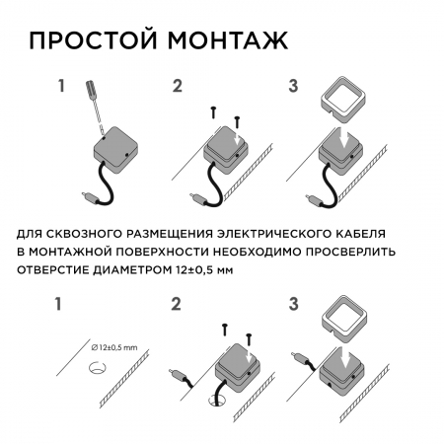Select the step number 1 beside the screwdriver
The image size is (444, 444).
61,86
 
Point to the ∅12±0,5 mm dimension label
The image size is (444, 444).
115,347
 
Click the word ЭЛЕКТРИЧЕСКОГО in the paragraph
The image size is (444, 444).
268,235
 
